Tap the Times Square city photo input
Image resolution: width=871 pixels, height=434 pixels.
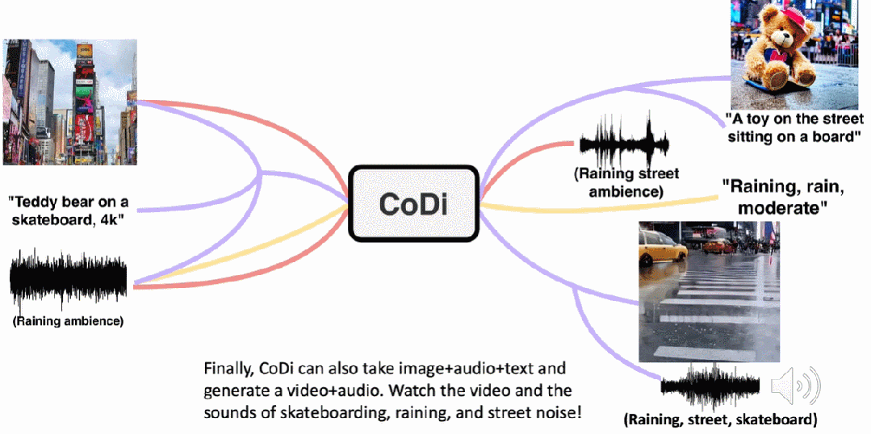[x=69, y=101]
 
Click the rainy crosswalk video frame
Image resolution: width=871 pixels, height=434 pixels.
[x=709, y=291]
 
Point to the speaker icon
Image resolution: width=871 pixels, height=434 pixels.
[x=794, y=387]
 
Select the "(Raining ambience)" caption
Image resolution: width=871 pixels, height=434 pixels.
[x=68, y=321]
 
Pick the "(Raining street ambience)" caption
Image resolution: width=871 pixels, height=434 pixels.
[x=626, y=182]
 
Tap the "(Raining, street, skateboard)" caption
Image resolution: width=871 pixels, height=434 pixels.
[x=720, y=419]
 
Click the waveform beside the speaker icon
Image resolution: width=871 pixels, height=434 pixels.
[x=710, y=386]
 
